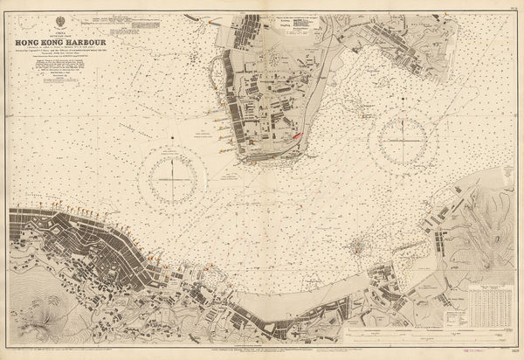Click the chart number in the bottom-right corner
point(511,352)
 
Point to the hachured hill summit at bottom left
point(32,329)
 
